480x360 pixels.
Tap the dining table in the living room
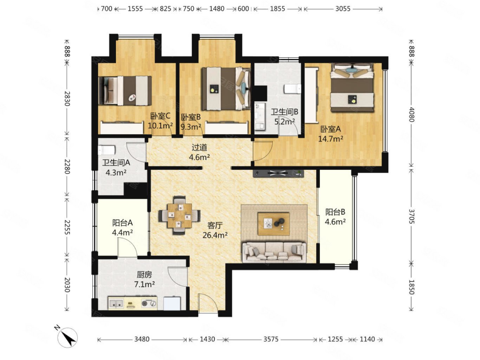[x=179, y=216]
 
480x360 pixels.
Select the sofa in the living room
[x=274, y=252]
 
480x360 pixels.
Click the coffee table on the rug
[x=274, y=223]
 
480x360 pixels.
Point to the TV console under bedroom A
[x=278, y=173]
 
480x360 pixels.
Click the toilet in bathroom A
[x=106, y=150]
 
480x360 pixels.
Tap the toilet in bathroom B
[x=292, y=89]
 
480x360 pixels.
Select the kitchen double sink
[x=116, y=303]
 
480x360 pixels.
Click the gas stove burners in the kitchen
[x=149, y=303]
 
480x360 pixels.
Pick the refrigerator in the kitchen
[x=172, y=303]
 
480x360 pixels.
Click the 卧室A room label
[x=330, y=129]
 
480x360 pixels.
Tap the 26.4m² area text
[x=215, y=235]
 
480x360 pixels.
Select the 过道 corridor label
[x=199, y=147]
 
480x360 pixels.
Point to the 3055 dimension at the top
[x=343, y=9]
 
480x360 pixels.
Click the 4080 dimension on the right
[x=411, y=114]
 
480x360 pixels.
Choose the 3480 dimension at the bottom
[x=142, y=339]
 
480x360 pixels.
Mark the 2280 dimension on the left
[x=67, y=166]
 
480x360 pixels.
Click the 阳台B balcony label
[x=335, y=212]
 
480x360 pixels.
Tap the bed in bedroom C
[x=125, y=90]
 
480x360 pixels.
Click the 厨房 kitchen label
[x=144, y=275]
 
